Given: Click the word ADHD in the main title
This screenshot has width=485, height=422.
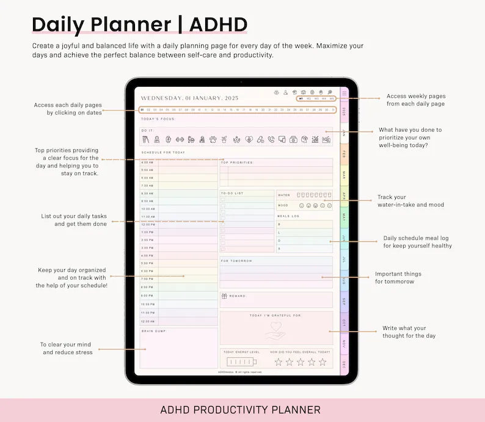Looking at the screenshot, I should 218,24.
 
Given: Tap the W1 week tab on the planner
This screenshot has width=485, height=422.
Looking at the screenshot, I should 301,98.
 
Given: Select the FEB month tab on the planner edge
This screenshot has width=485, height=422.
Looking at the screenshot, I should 344,153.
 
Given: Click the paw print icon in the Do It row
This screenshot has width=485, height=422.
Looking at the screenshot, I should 213,139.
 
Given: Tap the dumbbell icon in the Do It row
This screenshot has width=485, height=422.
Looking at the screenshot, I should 180,139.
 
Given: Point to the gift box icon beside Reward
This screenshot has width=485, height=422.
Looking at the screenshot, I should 224,296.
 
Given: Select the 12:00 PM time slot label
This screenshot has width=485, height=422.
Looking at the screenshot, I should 147,224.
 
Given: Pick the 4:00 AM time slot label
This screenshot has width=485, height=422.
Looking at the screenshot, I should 147,162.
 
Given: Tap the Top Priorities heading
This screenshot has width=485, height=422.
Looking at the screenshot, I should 237,162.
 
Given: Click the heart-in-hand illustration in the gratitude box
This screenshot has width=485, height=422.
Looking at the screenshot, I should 275,330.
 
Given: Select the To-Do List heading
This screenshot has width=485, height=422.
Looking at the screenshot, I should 232,193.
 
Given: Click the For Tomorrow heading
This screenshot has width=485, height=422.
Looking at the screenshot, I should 236,261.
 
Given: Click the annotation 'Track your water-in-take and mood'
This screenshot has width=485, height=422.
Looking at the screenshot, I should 410,201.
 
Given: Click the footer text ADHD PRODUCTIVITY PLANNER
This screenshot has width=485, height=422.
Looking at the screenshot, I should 240,410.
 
